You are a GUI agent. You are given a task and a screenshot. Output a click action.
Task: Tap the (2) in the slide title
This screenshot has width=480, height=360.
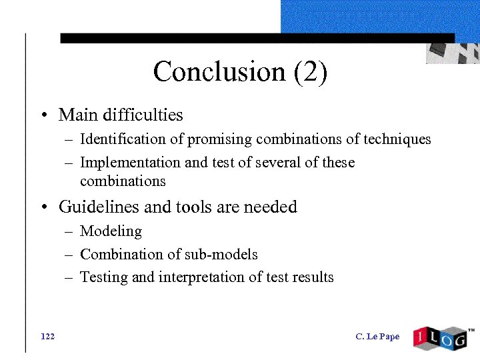[310, 72]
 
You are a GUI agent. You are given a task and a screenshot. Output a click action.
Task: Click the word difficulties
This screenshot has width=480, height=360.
[143, 115]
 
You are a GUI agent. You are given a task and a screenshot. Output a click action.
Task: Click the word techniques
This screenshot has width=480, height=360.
[397, 139]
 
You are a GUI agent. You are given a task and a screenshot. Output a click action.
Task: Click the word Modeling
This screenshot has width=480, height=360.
[111, 231]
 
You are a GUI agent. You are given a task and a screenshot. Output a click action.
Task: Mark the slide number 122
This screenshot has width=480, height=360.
[47, 336]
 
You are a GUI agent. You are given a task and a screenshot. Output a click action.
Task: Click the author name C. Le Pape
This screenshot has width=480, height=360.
[377, 337]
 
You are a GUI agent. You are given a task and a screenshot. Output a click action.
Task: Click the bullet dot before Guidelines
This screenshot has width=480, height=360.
[43, 208]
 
